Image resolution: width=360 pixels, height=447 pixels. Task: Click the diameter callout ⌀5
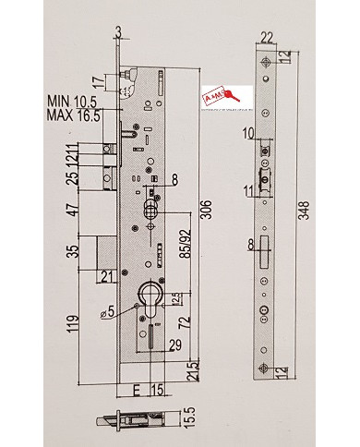click(x=110, y=309)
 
